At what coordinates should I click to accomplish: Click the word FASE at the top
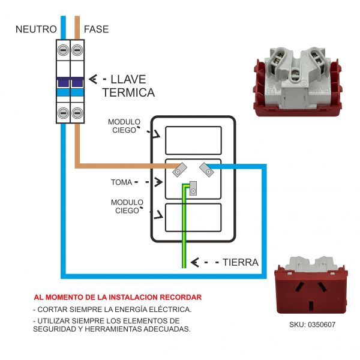(x=97, y=29)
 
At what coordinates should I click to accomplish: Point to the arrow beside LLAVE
(x=93, y=79)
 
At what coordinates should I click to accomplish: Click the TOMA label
(x=122, y=181)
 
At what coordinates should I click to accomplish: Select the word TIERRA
(x=240, y=262)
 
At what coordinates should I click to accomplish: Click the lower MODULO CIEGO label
(x=127, y=206)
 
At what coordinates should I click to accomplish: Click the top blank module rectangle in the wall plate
(x=193, y=140)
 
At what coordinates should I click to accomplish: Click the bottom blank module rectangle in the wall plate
(x=193, y=217)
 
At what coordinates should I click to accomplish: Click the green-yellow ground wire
(x=184, y=240)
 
